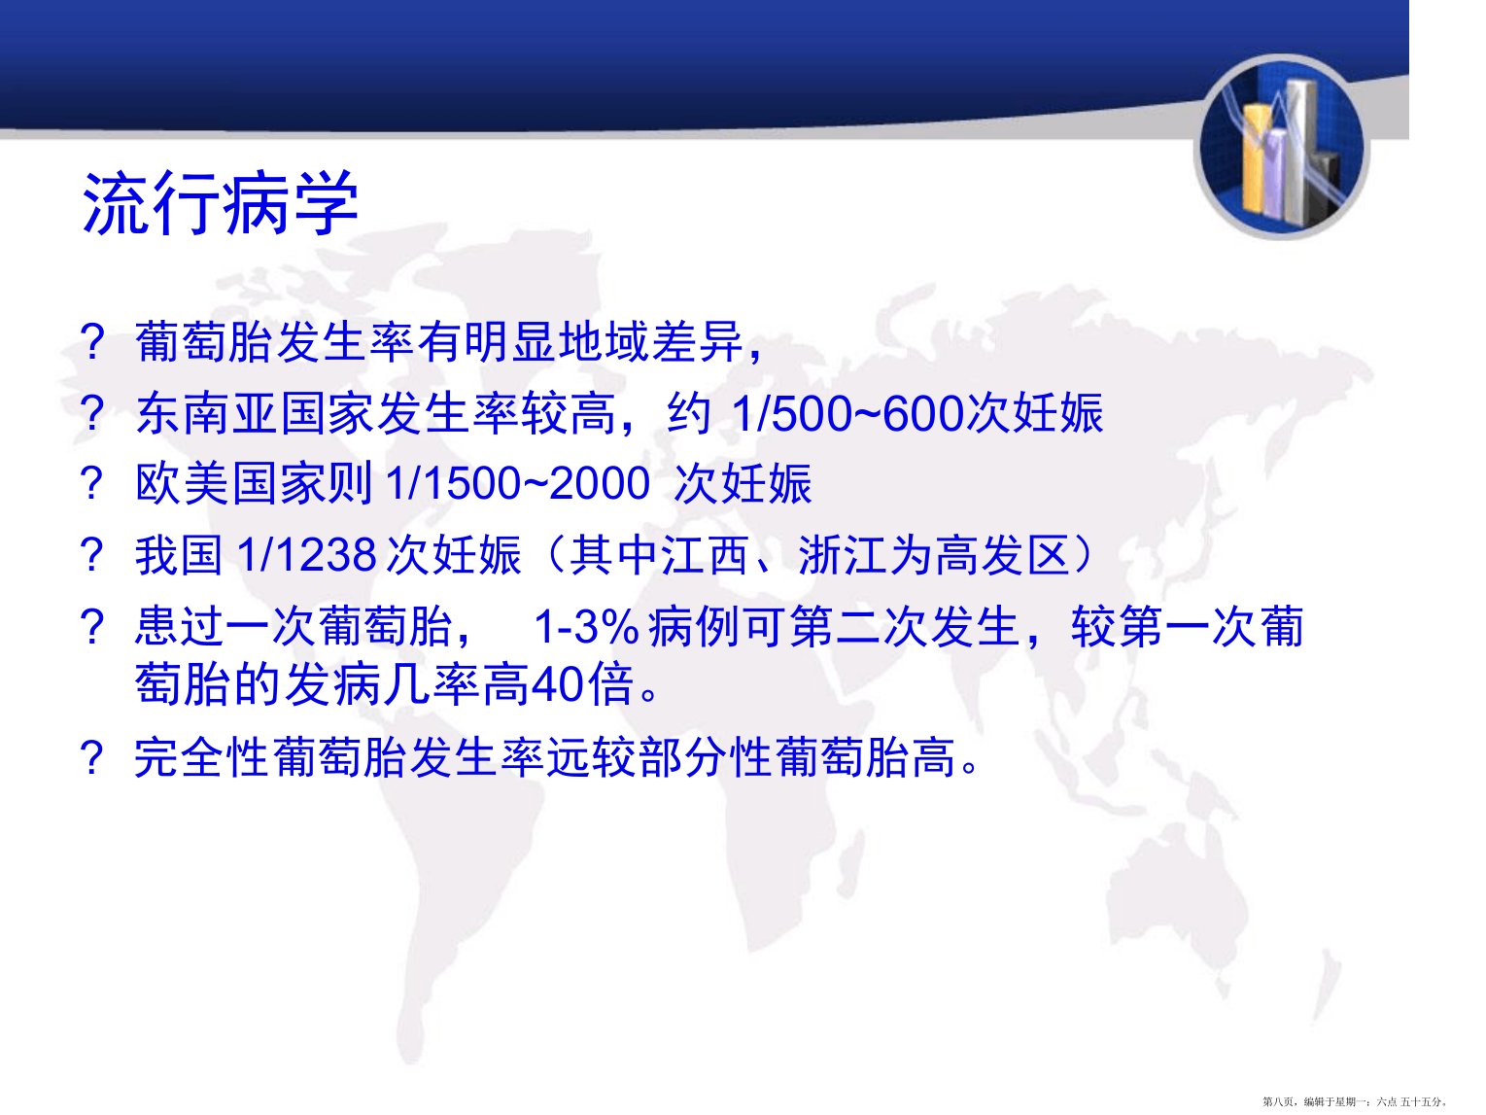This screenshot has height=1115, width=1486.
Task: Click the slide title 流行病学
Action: point(220,203)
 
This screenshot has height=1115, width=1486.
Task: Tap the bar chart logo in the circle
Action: point(1282,148)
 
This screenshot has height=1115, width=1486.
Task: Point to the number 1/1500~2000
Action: point(518,484)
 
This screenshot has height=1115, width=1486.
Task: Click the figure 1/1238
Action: point(307,555)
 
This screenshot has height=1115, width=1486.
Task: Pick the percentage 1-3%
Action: point(586,627)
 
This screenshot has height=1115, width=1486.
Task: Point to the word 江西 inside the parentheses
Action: point(705,555)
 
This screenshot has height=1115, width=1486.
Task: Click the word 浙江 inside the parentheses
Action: point(843,555)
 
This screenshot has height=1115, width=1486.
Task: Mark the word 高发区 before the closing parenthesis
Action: point(1003,555)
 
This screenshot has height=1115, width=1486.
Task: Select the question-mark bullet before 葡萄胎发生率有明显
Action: point(92,342)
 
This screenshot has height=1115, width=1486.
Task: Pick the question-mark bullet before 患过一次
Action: point(92,627)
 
